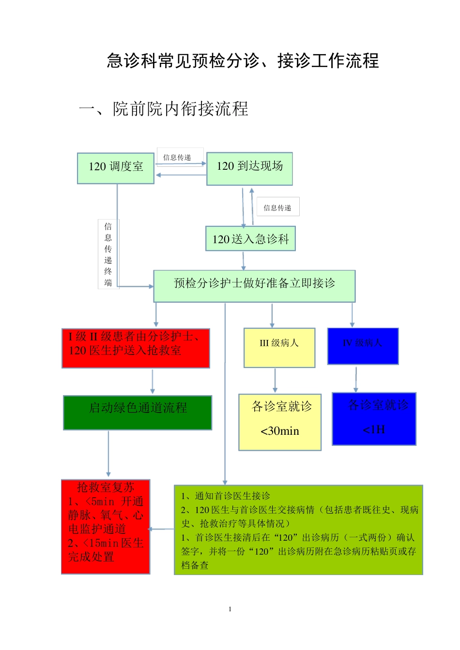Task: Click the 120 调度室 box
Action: click(116, 168)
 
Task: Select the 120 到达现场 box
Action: click(249, 169)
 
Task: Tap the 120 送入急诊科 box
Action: click(250, 239)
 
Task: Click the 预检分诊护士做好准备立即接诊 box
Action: click(254, 286)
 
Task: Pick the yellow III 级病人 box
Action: click(279, 347)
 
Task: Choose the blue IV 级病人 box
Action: click(363, 346)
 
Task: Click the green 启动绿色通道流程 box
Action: click(138, 413)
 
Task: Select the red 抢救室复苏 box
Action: click(106, 526)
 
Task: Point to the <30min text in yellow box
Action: click(280, 431)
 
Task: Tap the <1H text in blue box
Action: click(374, 429)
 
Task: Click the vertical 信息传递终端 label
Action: click(108, 254)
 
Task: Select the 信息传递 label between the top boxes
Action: click(177, 157)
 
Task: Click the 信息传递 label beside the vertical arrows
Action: click(277, 207)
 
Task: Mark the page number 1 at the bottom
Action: click(230, 609)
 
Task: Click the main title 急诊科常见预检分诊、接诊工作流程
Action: click(243, 61)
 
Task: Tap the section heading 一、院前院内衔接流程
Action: click(164, 109)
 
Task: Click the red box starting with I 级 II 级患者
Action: click(136, 348)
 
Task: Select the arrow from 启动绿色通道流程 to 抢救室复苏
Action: click(108, 454)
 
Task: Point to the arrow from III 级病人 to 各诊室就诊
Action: click(275, 380)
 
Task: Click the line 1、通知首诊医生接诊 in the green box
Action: click(226, 496)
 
